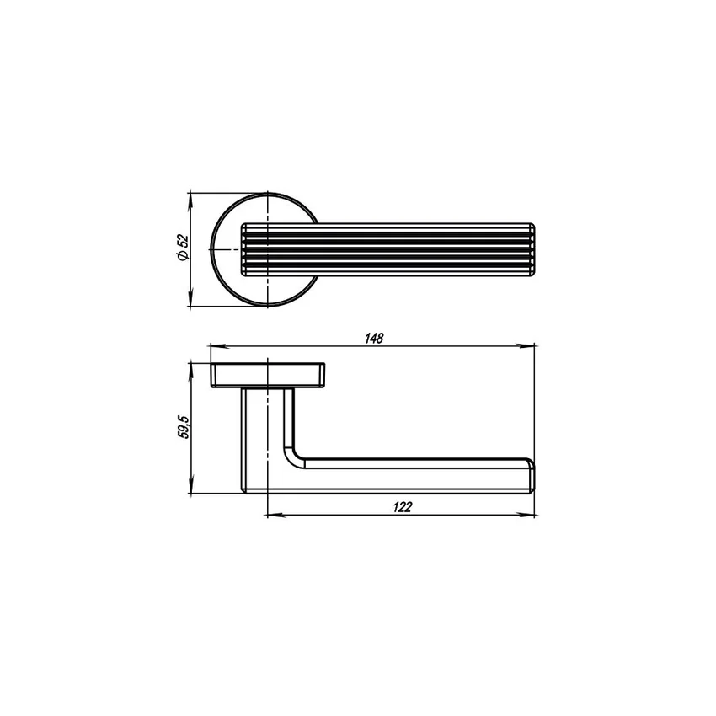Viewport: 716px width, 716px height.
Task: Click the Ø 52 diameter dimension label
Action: point(182,248)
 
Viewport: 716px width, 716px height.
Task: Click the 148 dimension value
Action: point(374,339)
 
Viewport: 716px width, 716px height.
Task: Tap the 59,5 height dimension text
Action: point(183,427)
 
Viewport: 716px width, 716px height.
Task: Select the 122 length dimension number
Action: point(403,507)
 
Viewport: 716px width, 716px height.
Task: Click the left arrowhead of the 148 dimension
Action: point(216,345)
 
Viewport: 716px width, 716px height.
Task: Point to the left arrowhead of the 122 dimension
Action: point(274,515)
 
